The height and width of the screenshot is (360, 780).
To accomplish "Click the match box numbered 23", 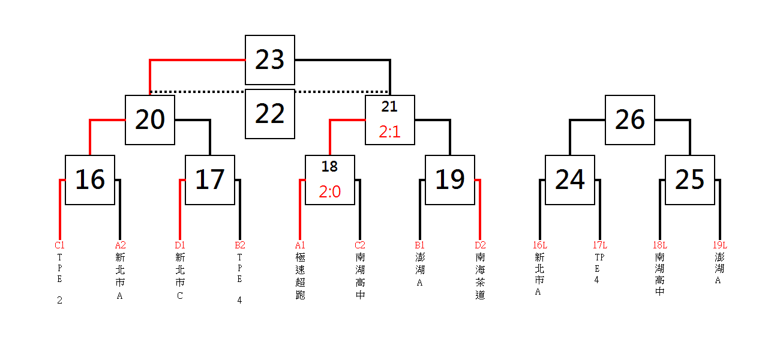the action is (270, 60).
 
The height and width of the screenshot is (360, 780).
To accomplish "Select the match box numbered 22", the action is (270, 114).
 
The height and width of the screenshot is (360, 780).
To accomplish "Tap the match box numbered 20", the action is (150, 120).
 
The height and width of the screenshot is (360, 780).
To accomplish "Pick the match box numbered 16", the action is (90, 180).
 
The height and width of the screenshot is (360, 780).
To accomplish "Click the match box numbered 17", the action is (210, 180).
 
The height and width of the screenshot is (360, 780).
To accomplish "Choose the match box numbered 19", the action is (450, 180).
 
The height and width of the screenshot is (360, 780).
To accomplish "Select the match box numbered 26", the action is (630, 120).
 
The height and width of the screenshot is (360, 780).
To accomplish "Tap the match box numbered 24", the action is (570, 180).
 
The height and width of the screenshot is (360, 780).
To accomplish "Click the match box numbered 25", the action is (690, 180).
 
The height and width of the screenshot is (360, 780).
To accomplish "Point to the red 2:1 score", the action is (389, 132).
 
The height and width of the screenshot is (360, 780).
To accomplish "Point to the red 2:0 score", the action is (330, 192).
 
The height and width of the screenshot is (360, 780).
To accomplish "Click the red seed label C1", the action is (59, 245).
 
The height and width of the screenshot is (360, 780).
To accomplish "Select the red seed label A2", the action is (120, 245).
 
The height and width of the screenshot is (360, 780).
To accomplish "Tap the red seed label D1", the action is (179, 245).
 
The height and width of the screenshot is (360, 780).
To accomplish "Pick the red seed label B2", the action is (240, 245).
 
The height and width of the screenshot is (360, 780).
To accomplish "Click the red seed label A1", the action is (300, 245).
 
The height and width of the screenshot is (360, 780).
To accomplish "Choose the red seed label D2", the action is (480, 245).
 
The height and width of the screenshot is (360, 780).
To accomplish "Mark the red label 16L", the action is (540, 245).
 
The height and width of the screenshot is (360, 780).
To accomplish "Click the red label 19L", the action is (720, 245).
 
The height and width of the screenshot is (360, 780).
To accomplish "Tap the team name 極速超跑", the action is (300, 276).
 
